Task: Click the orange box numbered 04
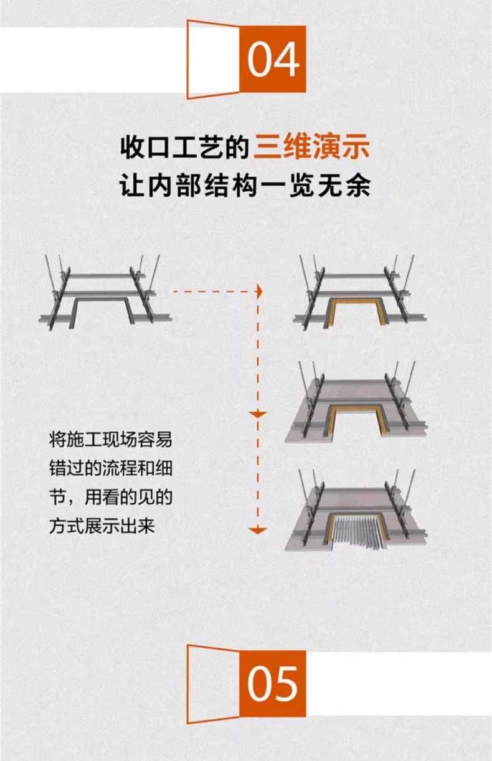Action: coord(273,59)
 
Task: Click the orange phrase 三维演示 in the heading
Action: coord(311,147)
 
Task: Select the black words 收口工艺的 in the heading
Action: coord(185,147)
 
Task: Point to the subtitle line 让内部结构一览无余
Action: coord(245,186)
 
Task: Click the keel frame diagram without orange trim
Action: coord(105,293)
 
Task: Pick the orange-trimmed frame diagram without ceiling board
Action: coord(360,293)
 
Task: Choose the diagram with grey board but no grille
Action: coord(357,402)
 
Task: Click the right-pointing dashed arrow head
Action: coord(260,292)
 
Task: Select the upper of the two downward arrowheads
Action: coord(258,414)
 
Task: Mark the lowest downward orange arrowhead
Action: coord(258,530)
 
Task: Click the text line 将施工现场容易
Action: coord(111,440)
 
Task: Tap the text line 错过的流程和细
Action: coord(111,469)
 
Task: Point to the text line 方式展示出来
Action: coord(102,526)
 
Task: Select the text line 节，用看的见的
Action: coord(111,498)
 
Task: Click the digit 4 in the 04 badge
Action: coord(286,60)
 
